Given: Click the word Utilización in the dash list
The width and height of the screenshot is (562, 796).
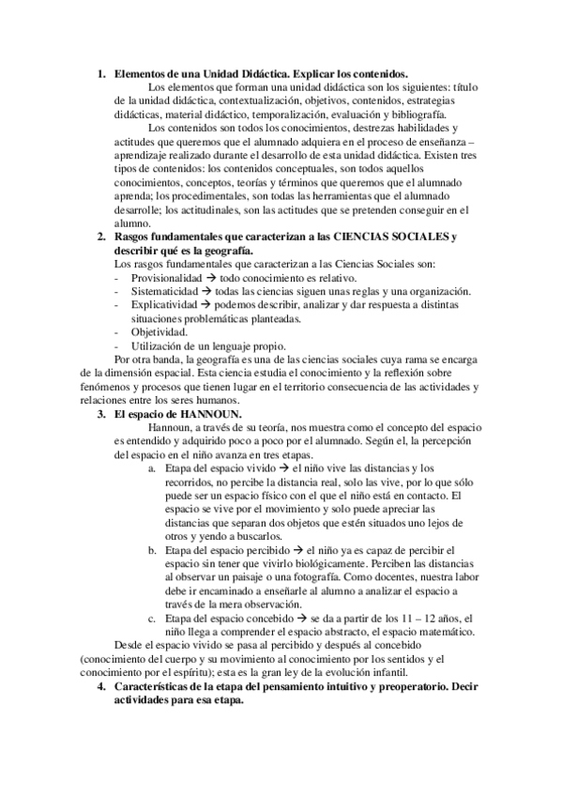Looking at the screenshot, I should (x=158, y=346).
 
